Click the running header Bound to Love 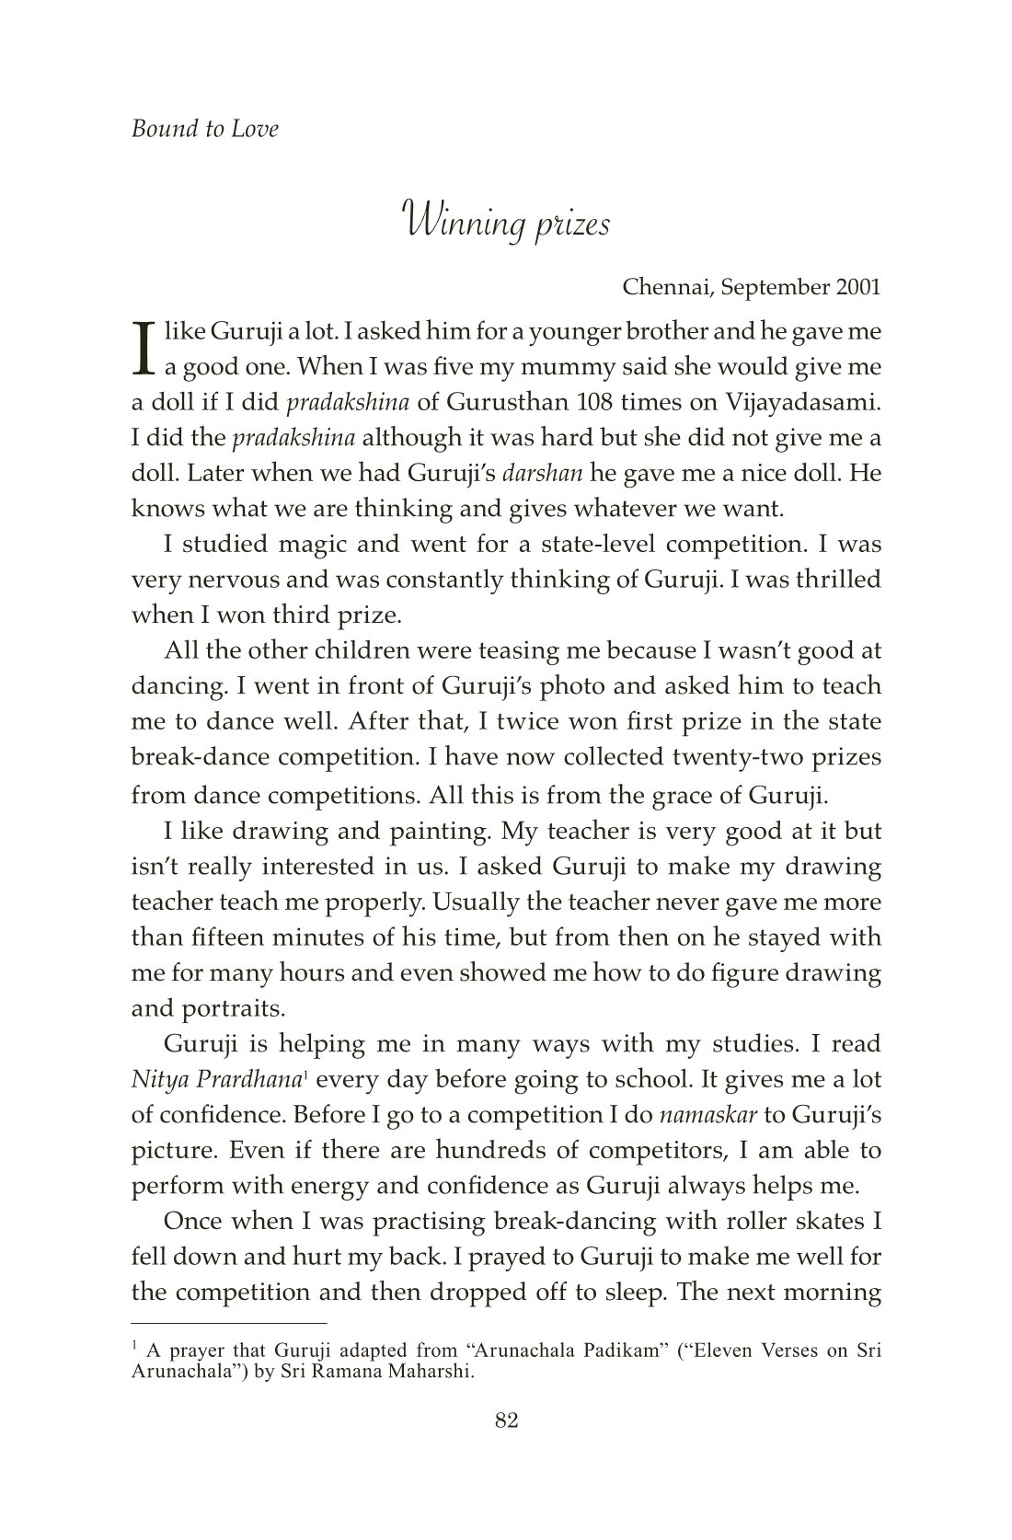click(204, 129)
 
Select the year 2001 click(858, 287)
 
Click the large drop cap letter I click(143, 348)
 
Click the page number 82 click(507, 1420)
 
